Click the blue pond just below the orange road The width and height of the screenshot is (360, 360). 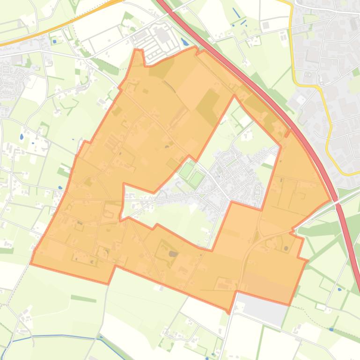point(55,41)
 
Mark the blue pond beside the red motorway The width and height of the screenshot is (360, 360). point(185,41)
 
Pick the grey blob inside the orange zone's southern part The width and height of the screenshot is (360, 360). point(173,254)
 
